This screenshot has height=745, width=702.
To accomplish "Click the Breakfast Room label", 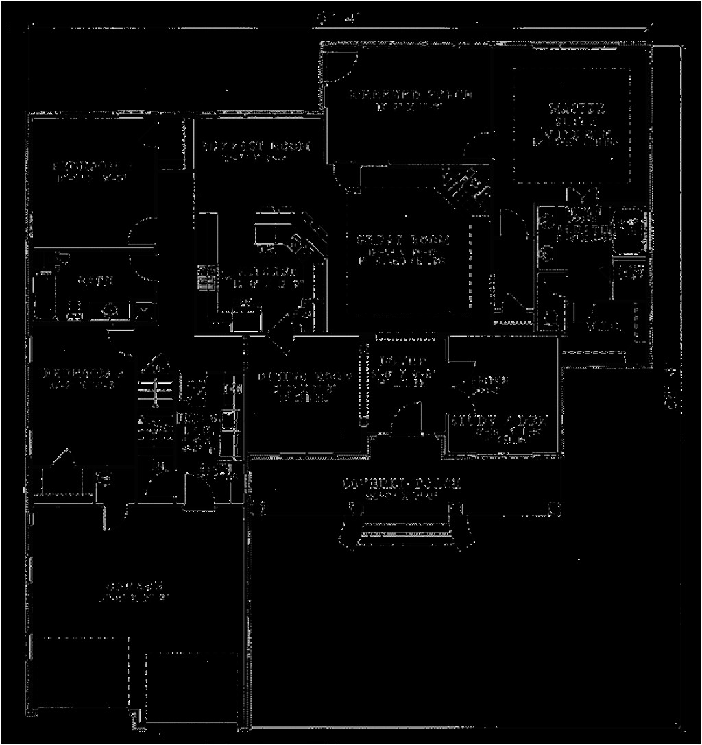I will pyautogui.click(x=256, y=146).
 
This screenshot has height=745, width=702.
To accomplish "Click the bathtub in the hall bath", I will pyautogui.click(x=43, y=288).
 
